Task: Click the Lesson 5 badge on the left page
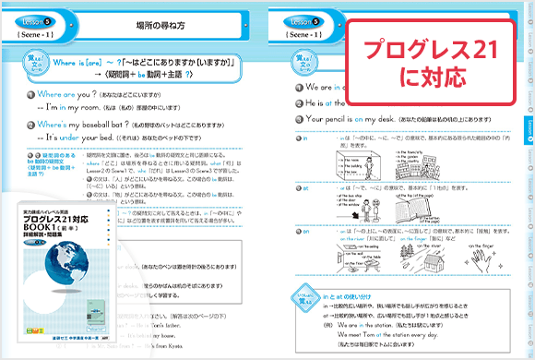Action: click(36, 16)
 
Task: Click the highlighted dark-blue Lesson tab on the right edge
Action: click(529, 127)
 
